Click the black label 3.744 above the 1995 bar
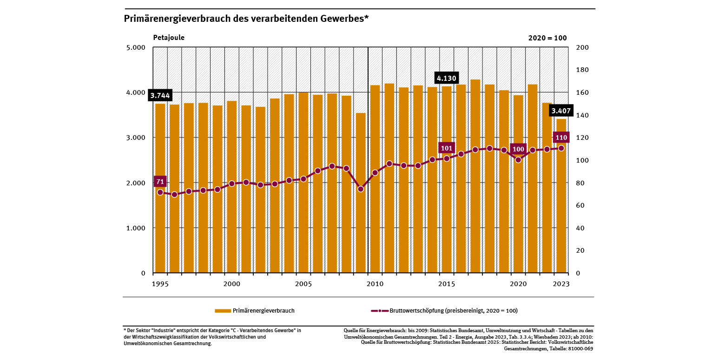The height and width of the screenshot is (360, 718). click(160, 96)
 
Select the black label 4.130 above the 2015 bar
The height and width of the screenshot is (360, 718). click(447, 78)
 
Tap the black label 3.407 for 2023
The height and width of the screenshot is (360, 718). click(561, 111)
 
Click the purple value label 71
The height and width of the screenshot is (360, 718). click(160, 182)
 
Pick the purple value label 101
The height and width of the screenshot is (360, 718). click(447, 149)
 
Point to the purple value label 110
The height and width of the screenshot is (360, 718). click(561, 137)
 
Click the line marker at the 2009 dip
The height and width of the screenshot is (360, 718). click(361, 189)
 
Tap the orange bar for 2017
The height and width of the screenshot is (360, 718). click(475, 177)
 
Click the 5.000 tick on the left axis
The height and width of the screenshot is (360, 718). click(136, 47)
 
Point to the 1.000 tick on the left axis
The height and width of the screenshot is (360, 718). click(136, 228)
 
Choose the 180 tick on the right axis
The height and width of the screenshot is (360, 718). click(582, 70)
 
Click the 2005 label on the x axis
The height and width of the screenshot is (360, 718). click(303, 284)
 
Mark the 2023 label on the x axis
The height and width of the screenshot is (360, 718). click(561, 284)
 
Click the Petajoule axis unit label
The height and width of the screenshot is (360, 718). click(169, 38)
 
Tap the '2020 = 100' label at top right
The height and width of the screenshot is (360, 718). click(547, 38)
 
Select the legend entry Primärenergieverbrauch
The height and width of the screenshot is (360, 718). click(254, 311)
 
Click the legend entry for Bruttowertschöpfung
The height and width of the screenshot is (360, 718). click(444, 311)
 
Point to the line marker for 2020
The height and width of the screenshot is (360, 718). click(518, 160)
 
